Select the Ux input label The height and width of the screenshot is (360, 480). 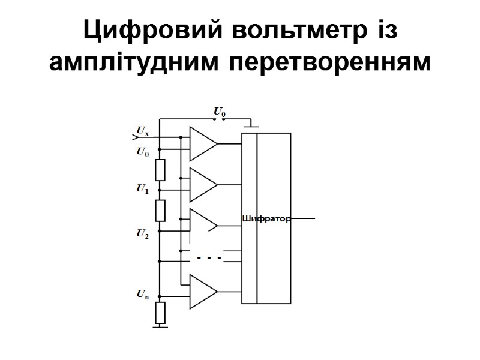(143, 131)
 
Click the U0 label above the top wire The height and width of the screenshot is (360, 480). (220, 112)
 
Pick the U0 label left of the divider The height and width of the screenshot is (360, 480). (143, 152)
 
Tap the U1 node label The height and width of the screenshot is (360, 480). (142, 190)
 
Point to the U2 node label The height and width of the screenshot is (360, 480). (142, 234)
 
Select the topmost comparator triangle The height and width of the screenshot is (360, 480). (202, 144)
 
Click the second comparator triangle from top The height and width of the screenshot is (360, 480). (202, 185)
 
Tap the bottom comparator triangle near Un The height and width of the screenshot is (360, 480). (202, 292)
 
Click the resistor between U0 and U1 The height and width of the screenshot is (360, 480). (160, 170)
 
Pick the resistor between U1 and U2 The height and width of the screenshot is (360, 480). (160, 210)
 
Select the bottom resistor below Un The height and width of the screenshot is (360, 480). (160, 312)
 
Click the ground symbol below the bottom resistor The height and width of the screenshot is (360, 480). (160, 326)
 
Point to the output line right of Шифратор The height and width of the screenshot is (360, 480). (303, 220)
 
